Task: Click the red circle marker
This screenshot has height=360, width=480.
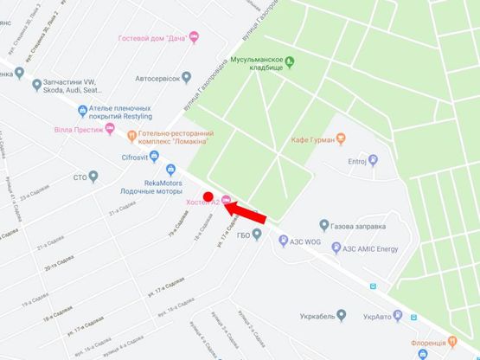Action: (208, 196)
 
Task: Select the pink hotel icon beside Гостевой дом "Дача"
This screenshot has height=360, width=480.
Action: (194, 36)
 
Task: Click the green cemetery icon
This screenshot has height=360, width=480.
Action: (290, 61)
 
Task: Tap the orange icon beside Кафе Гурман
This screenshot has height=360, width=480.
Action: (340, 138)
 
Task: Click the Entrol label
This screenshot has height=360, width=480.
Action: (357, 161)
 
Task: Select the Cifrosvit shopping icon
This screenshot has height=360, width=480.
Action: (154, 157)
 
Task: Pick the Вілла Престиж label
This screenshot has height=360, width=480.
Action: (78, 131)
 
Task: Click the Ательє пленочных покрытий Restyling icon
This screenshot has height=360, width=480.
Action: (82, 110)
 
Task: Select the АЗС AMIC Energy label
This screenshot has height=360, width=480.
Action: (370, 247)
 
